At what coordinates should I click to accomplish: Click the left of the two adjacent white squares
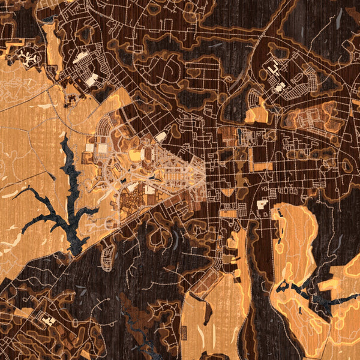point(89,148)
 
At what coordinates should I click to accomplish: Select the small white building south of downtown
point(262,205)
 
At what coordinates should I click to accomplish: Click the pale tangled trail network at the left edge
point(18,90)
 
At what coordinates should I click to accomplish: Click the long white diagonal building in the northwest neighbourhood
point(82,57)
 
